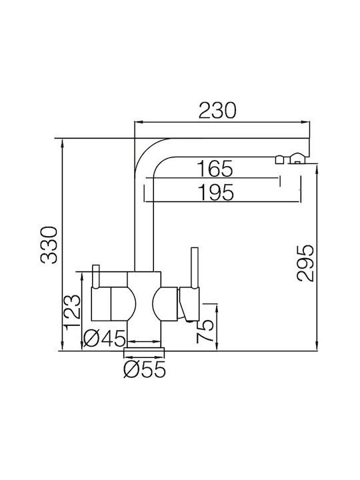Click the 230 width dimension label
tap(217, 110)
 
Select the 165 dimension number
tap(215, 169)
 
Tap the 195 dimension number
tap(216, 192)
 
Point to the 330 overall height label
tap(49, 245)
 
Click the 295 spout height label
tap(305, 263)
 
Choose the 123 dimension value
tap(73, 311)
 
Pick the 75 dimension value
tap(205, 331)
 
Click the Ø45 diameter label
tap(105, 339)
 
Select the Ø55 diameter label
tap(145, 370)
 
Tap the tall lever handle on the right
tap(195, 268)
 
